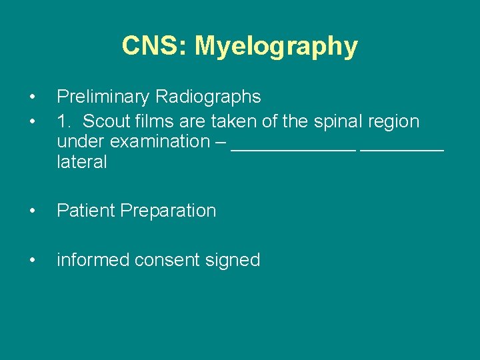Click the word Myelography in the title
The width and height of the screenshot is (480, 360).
[276, 47]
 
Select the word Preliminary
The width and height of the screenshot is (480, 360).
[103, 97]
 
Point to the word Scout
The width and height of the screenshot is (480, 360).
[108, 122]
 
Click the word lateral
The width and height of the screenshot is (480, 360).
[82, 162]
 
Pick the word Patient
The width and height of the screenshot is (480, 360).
[87, 211]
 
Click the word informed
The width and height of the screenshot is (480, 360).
[93, 260]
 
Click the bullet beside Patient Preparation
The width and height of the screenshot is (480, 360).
[33, 211]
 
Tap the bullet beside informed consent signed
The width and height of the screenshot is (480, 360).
[33, 260]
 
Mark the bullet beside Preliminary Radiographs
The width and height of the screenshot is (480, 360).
[33, 97]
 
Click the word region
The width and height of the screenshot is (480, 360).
[394, 123]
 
